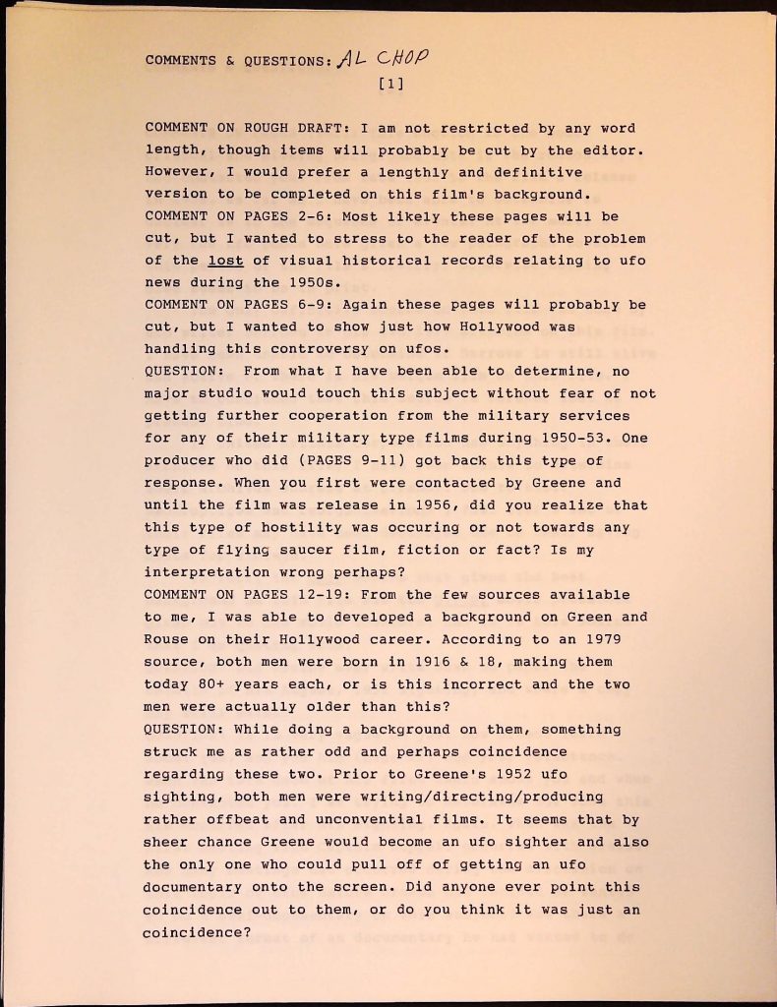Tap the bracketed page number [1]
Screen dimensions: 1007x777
click(x=391, y=85)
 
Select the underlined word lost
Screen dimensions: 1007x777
click(x=225, y=261)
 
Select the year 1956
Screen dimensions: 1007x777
click(x=427, y=505)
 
